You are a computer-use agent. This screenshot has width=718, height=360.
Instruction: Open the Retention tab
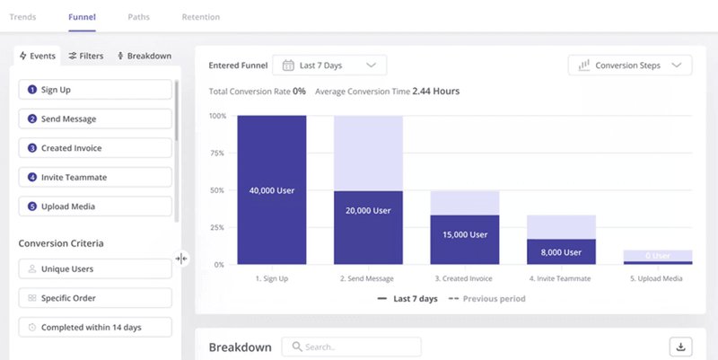point(200,17)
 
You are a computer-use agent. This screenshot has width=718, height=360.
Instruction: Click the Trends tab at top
point(22,17)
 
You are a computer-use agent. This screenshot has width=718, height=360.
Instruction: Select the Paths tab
point(138,17)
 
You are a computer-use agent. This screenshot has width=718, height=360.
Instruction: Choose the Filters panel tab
point(86,56)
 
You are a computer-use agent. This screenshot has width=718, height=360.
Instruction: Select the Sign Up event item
point(95,90)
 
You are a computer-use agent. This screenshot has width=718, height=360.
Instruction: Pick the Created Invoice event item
point(95,148)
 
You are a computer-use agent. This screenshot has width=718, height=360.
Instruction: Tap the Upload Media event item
point(95,206)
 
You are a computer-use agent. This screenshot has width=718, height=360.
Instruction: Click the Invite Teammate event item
point(95,177)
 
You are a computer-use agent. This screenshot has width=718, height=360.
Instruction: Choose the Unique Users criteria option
point(95,268)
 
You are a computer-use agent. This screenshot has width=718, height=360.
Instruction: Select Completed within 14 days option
point(95,327)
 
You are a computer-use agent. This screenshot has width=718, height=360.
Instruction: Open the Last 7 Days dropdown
point(329,65)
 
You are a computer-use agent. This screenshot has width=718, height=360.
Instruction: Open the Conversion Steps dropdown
point(630,65)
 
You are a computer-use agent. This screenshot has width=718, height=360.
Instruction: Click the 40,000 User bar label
point(272,190)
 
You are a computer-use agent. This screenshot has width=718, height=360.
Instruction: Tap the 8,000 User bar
point(561,252)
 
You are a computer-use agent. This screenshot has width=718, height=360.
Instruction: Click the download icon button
point(680,347)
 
